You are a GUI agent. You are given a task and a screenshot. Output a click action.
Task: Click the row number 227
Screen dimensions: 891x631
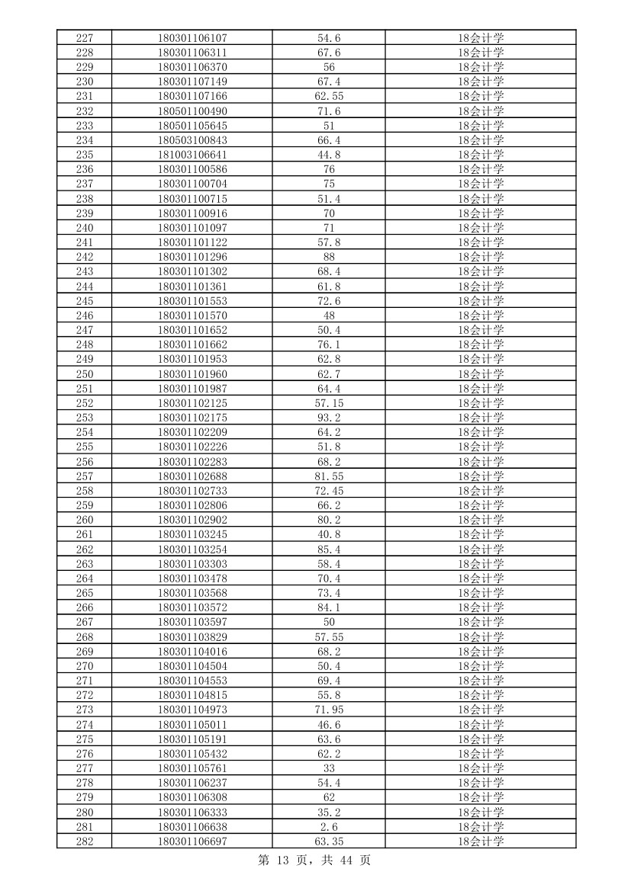point(85,38)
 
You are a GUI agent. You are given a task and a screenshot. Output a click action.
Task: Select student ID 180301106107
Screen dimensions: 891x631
point(192,38)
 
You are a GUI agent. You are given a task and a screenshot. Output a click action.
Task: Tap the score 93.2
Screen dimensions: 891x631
point(329,418)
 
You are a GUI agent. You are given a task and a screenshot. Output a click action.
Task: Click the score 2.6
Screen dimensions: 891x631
point(329,827)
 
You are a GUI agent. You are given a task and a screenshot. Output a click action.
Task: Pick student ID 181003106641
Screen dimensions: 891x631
point(192,155)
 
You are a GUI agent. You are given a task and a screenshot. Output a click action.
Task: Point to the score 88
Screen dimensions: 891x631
point(329,257)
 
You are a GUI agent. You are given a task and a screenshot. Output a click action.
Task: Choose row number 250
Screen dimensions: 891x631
point(85,374)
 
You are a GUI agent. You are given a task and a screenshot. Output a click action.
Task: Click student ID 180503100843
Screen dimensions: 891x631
point(192,140)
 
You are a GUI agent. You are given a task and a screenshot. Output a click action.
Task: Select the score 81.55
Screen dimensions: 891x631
point(329,476)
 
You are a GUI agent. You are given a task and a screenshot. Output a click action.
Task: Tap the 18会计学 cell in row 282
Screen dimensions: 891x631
point(481,841)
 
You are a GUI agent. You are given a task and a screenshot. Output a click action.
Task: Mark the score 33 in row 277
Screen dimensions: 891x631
point(329,768)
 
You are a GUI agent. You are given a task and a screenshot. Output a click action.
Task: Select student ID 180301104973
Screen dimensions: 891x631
point(192,710)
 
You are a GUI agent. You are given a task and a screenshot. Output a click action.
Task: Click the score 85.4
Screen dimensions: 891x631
point(329,550)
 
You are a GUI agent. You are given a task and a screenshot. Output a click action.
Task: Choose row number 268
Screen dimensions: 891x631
point(85,637)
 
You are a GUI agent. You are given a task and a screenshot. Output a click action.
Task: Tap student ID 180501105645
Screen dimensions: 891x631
point(192,126)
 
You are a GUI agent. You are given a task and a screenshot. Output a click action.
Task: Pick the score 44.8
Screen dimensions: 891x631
point(329,155)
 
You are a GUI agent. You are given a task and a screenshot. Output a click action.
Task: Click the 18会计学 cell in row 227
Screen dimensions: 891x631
point(481,38)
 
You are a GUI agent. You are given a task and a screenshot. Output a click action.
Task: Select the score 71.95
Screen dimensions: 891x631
point(329,710)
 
